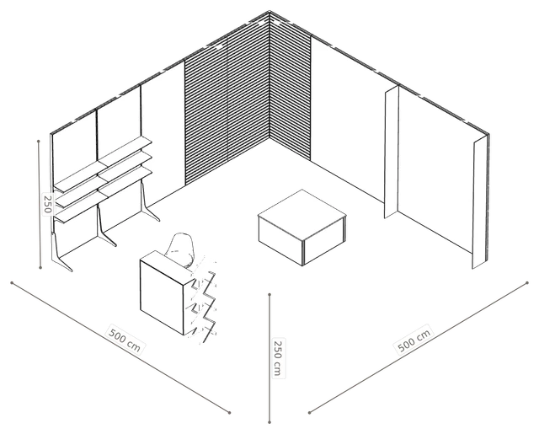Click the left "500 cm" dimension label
pyautogui.click(x=125, y=340)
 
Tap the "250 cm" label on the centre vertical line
pyautogui.click(x=278, y=358)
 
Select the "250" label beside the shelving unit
pyautogui.click(x=48, y=204)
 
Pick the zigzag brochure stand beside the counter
pyautogui.click(x=204, y=300)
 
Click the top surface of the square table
pyautogui.click(x=302, y=214)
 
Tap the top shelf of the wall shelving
pyautogui.click(x=103, y=163)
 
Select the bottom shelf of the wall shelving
pyautogui.click(x=103, y=196)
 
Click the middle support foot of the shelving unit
pyautogui.click(x=104, y=227)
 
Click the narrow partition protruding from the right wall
pyautogui.click(x=391, y=152)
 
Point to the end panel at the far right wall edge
pyautogui.click(x=479, y=203)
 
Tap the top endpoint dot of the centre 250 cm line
pyautogui.click(x=269, y=294)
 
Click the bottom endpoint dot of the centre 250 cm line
pyautogui.click(x=269, y=422)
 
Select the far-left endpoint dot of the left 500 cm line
pyautogui.click(x=12, y=283)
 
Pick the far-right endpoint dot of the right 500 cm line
pyautogui.click(x=527, y=283)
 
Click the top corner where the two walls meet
pyautogui.click(x=269, y=11)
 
